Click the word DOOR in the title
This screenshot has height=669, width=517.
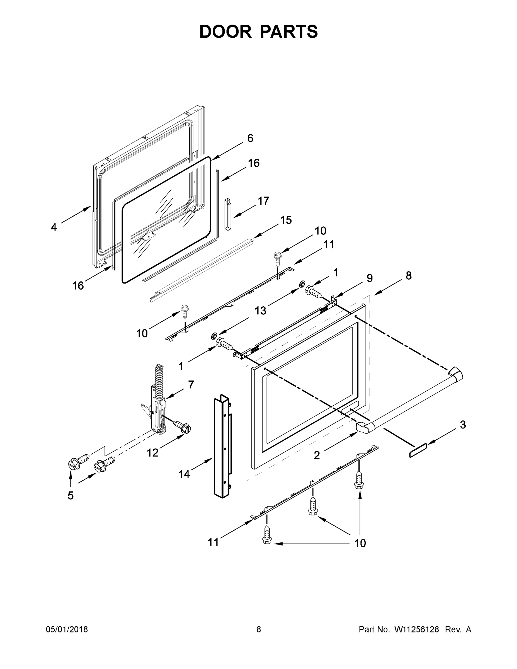pyautogui.click(x=225, y=31)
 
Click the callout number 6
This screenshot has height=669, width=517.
pyautogui.click(x=250, y=139)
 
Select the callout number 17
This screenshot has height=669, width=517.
pyautogui.click(x=263, y=201)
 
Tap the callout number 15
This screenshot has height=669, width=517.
pyautogui.click(x=286, y=220)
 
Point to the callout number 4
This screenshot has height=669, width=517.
pyautogui.click(x=54, y=227)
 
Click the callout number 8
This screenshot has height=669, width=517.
pyautogui.click(x=409, y=276)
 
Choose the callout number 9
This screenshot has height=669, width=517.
pyautogui.click(x=370, y=278)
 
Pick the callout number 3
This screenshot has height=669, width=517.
pyautogui.click(x=463, y=425)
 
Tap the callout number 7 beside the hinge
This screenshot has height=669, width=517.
pyautogui.click(x=191, y=384)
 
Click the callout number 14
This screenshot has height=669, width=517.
pyautogui.click(x=184, y=474)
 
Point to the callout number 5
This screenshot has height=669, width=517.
pyautogui.click(x=71, y=495)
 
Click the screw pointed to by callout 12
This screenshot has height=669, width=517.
pyautogui.click(x=183, y=427)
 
